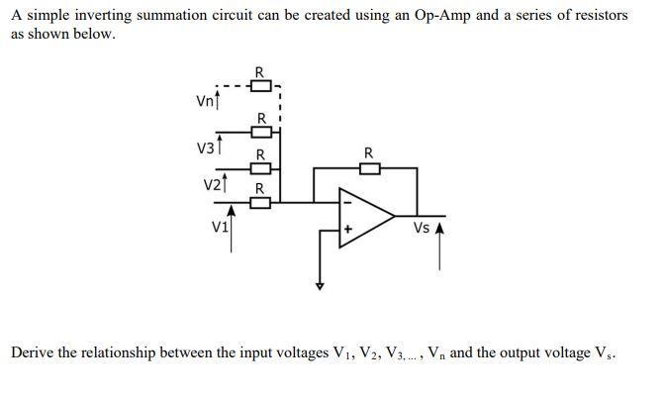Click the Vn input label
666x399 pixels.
[x=204, y=100]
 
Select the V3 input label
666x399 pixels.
[x=206, y=149]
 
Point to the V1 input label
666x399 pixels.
[x=219, y=225]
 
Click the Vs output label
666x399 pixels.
[x=422, y=228]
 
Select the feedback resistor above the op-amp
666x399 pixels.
[x=368, y=168]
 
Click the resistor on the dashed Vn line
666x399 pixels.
[x=259, y=82]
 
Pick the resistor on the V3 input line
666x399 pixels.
[x=259, y=132]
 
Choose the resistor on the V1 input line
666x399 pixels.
[x=260, y=203]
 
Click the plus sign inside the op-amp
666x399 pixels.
[x=347, y=229]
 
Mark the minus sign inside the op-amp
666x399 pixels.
[x=346, y=203]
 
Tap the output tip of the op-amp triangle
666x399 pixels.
[x=395, y=215]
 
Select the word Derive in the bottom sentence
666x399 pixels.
[x=35, y=352]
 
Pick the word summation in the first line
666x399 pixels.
[x=168, y=16]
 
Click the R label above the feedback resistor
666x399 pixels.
[x=368, y=152]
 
